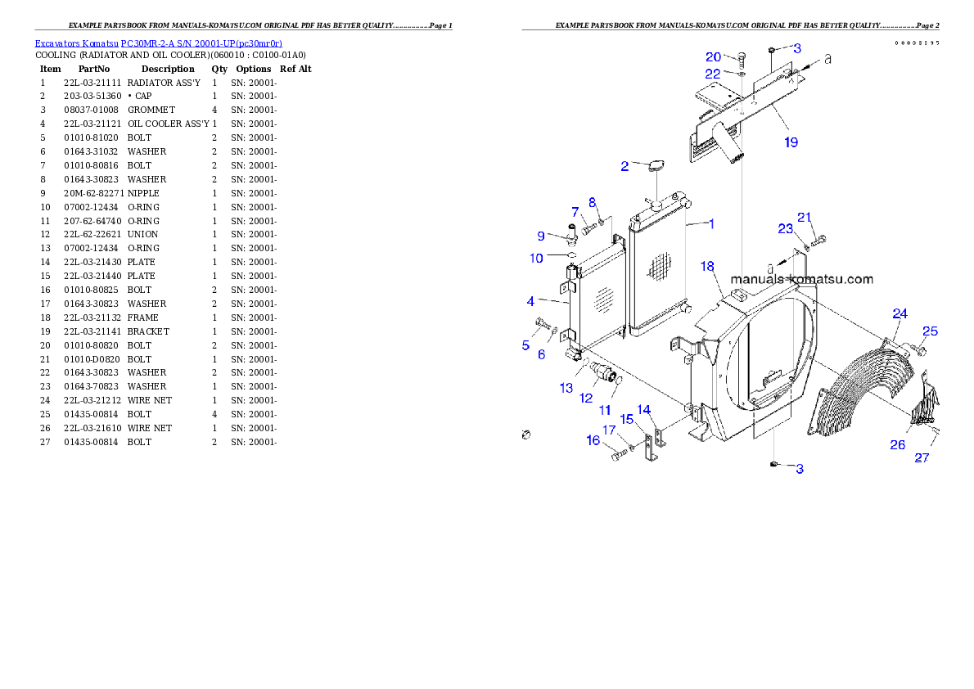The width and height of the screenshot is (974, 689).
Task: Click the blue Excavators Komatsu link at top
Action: point(158,43)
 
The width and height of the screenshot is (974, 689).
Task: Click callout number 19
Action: point(791,142)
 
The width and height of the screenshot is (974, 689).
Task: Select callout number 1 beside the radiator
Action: point(711,223)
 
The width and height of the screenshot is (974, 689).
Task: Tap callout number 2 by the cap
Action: point(625,166)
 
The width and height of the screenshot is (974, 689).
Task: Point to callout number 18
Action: point(707,267)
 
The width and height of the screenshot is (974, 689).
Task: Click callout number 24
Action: point(900,313)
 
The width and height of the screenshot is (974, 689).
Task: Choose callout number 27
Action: point(922,457)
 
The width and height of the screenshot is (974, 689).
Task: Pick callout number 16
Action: point(593,440)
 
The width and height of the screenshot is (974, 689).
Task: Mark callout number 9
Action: point(541,236)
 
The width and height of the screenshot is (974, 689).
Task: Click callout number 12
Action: point(585,398)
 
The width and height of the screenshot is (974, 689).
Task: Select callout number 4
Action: point(530,302)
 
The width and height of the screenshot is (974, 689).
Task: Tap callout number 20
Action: point(714,56)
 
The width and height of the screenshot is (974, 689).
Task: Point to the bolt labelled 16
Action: point(619,454)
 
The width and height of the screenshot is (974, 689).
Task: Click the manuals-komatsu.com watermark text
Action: point(801,279)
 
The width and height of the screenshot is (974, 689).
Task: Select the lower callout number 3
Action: point(800,469)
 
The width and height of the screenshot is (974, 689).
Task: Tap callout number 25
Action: point(930,331)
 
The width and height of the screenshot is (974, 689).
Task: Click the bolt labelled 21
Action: point(821,240)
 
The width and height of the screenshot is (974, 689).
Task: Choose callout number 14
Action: point(644,409)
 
